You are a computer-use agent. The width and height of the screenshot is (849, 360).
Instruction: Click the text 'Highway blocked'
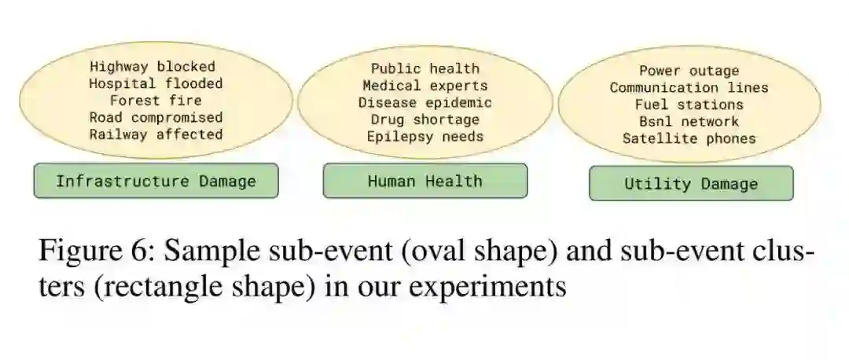tap(152, 67)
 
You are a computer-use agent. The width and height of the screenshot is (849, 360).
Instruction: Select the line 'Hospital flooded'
tap(156, 83)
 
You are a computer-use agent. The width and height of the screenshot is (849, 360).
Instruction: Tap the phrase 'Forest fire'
tap(156, 101)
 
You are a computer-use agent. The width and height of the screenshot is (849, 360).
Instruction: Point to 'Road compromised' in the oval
tap(156, 118)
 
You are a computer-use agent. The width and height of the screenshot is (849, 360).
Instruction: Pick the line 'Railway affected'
tap(156, 134)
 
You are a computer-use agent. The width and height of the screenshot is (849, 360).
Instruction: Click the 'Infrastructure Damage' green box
tap(156, 182)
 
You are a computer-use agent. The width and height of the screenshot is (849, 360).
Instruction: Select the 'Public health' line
tap(424, 69)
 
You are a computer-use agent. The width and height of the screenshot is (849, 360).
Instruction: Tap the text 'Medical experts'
tap(424, 86)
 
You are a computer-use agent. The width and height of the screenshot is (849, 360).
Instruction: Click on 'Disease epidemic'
tap(424, 103)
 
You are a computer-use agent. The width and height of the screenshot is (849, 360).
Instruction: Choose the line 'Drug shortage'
tap(424, 119)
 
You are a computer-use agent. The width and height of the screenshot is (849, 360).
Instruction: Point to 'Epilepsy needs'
tap(424, 137)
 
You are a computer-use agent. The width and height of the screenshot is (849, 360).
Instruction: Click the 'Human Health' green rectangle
tap(424, 182)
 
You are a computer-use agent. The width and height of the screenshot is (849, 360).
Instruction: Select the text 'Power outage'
tap(689, 72)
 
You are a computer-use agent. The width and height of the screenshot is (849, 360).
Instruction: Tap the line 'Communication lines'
tap(689, 88)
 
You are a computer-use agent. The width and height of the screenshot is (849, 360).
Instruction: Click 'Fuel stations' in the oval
tap(689, 105)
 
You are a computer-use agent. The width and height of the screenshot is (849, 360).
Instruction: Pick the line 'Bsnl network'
tap(689, 122)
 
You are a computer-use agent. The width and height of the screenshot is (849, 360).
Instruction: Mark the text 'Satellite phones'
tap(689, 138)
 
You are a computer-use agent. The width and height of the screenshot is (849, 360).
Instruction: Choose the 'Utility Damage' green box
tap(691, 184)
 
